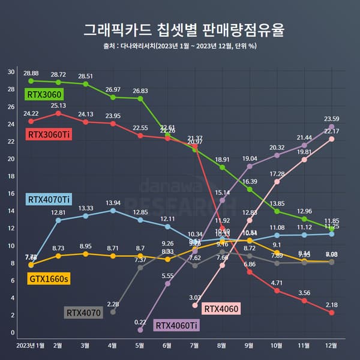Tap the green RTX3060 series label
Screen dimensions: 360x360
coord(44,94)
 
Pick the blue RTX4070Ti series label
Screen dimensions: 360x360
coord(49,199)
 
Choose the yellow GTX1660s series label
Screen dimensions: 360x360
coord(47,278)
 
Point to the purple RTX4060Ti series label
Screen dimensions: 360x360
coord(177,325)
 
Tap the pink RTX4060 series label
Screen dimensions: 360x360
coord(222,308)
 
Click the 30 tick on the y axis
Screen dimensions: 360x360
coord(11,72)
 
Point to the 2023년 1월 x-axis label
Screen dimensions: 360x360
coord(30,346)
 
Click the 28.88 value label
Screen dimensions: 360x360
coord(31,73)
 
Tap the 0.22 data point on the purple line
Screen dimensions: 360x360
coord(140,330)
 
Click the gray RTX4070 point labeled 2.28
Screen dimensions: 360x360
coord(113,312)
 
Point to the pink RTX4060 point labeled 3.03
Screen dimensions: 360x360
coord(195,305)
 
